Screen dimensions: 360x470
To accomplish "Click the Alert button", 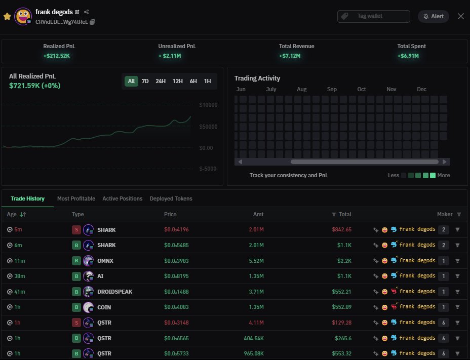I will tap(434, 16).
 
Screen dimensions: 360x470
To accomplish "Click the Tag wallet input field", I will tap(374, 16).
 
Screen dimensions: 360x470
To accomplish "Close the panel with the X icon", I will tap(460, 16).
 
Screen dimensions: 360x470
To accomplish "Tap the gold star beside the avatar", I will tap(7, 16).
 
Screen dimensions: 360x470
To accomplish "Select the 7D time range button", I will tap(145, 81).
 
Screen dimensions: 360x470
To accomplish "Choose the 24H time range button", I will tap(161, 81).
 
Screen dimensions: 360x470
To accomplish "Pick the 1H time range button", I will tap(208, 81).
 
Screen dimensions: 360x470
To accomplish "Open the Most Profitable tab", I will tap(76, 198).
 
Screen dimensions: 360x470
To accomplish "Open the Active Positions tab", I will tap(122, 198).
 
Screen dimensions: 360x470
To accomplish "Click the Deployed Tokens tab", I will tap(171, 198).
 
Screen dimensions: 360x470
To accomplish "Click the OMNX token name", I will tap(106, 261).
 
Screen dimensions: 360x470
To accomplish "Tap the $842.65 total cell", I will tap(341, 230).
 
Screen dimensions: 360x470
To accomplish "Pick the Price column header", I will tap(170, 214).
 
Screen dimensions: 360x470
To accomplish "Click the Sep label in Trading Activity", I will tap(332, 89).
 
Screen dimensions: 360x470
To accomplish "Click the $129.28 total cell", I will tap(341, 323).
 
